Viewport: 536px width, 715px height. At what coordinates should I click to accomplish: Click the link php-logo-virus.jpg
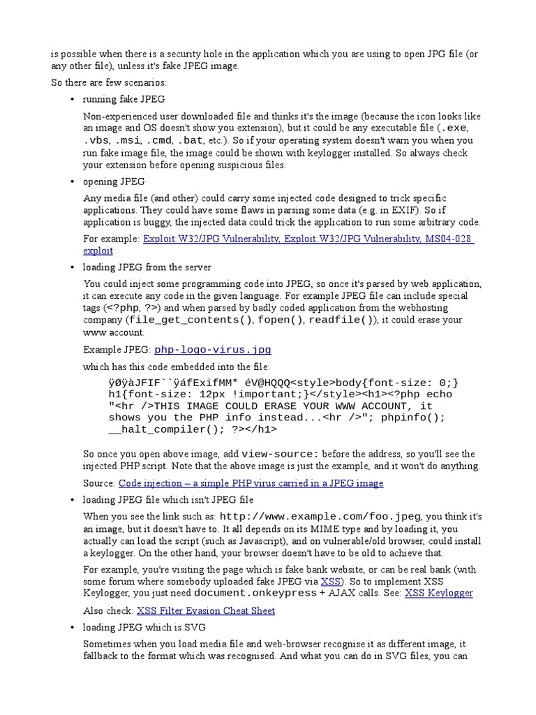[212, 350]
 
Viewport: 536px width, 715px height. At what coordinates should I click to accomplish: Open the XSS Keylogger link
[438, 593]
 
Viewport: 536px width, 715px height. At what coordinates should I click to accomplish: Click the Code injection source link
[251, 482]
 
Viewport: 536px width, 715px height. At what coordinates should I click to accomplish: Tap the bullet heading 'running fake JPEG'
[124, 99]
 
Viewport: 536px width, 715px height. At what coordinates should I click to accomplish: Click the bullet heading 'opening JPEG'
[114, 182]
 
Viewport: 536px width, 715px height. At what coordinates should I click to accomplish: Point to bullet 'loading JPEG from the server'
[147, 267]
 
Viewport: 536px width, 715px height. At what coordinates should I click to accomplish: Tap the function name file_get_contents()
[191, 320]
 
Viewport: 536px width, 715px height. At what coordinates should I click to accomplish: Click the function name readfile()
[341, 320]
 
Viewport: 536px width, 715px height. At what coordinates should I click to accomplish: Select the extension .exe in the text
[451, 128]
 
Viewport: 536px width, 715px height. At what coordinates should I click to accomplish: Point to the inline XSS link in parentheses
[330, 581]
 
